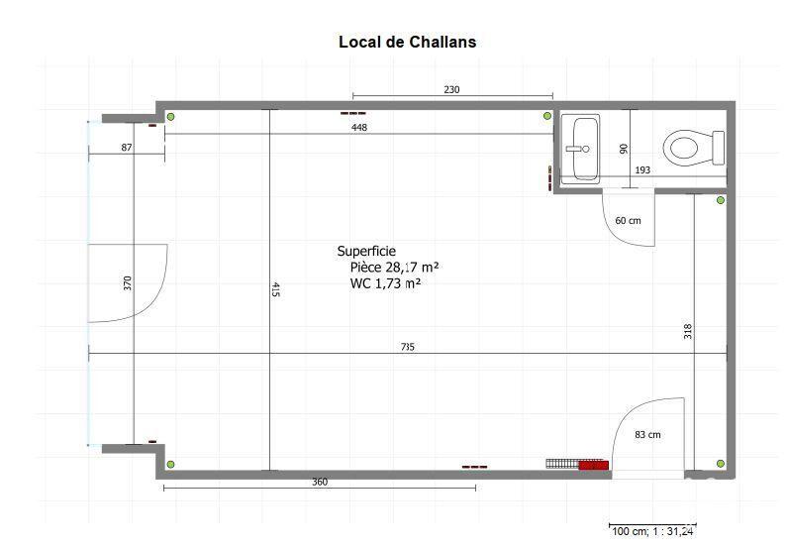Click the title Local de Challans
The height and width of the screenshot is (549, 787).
coord(407,42)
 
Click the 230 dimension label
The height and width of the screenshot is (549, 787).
coord(451,90)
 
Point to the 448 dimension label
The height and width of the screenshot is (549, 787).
coord(358,128)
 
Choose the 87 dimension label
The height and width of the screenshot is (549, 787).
coord(127,148)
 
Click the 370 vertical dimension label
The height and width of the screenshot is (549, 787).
coord(127,283)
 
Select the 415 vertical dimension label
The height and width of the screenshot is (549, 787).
coord(275,289)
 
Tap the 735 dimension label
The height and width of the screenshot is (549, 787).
coord(408,347)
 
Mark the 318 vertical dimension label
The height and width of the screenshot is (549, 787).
coord(687,331)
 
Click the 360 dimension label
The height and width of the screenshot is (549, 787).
coord(319,483)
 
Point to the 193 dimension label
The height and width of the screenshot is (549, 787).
coord(642,170)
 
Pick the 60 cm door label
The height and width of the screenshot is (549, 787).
coord(629,220)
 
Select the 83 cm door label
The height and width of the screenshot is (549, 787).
coord(647,435)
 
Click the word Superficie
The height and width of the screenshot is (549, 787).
coord(366,252)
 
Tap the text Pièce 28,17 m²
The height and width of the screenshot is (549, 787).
coord(394,268)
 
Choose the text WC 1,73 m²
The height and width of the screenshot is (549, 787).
coord(385,283)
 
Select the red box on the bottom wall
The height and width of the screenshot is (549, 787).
coord(592,465)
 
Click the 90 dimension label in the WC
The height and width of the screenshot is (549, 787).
coord(624,149)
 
